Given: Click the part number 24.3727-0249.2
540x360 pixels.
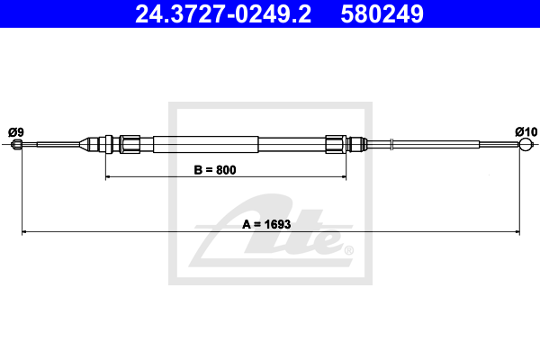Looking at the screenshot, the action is tap(223, 13).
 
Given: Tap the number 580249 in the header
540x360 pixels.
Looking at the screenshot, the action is tap(382, 13).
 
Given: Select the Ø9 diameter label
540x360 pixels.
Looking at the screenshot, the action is tap(16, 132).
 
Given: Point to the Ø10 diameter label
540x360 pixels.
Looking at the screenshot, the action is tap(526, 131).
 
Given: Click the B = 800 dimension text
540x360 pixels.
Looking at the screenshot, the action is tap(215, 170).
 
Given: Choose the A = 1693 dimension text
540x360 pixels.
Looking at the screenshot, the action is tap(266, 224).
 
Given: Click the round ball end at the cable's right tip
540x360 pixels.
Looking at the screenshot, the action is tap(526, 144).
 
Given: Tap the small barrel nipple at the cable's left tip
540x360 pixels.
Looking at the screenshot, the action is tap(16, 144).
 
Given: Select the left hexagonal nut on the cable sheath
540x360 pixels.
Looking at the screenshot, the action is tap(130, 144).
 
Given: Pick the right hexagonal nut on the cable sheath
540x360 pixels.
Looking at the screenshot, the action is tap(336, 144).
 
